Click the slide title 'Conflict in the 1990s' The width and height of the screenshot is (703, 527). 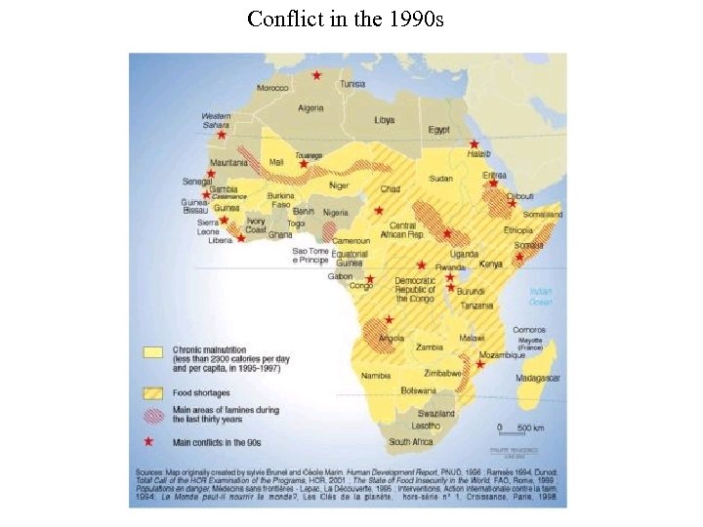pos(346,19)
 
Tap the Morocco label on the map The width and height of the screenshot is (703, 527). pos(272,88)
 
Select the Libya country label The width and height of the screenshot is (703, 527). pos(385,120)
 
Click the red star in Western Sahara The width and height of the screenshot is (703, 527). pos(222,134)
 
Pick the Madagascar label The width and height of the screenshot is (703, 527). pos(537,377)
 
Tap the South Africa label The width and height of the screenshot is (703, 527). pos(411,441)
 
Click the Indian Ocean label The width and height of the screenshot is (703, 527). pos(540,296)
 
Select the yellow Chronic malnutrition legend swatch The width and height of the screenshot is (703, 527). pos(153,351)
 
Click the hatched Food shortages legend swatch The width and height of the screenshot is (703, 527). pos(153,392)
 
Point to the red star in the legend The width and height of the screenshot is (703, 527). pos(150,441)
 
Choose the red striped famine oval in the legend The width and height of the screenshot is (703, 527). pos(153,415)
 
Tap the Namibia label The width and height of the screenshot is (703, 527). pos(376,375)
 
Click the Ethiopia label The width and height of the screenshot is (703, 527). pos(517,229)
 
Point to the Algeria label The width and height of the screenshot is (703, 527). pos(310,107)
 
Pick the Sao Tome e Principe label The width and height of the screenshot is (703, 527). pos(310,256)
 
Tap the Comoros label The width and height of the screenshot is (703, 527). pos(528,330)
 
